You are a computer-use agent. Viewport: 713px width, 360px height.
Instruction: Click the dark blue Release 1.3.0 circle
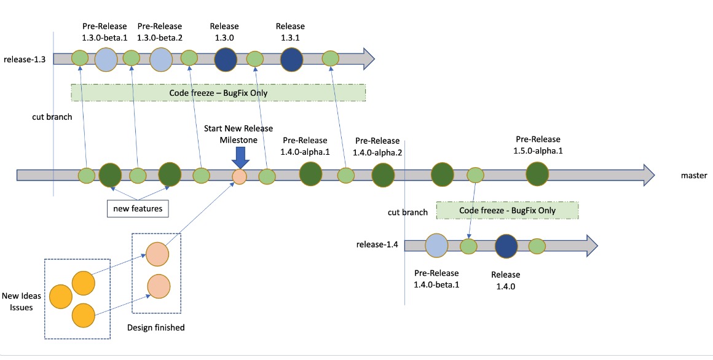tap(226, 59)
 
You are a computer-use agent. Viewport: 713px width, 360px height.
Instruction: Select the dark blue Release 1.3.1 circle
tap(291, 59)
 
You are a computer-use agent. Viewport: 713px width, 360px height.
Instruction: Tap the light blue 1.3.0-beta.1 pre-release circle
tap(106, 59)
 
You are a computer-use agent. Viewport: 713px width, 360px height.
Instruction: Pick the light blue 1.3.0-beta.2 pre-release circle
tap(161, 59)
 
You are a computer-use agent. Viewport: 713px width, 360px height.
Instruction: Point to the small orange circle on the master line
tap(240, 177)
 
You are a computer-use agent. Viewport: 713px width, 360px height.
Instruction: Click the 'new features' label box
tap(138, 209)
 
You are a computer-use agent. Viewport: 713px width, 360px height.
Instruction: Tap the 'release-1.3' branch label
tap(24, 59)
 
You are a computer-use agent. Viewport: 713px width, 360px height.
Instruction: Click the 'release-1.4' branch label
tap(377, 245)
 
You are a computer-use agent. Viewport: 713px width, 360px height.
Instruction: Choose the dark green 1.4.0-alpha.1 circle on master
tap(310, 174)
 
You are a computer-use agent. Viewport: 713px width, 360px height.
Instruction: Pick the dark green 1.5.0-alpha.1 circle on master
tap(537, 174)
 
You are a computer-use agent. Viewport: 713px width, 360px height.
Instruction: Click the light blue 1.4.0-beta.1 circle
tap(436, 245)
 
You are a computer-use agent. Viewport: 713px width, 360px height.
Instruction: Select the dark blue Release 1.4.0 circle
tap(506, 245)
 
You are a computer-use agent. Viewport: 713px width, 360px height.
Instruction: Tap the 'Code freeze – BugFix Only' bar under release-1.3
tap(218, 93)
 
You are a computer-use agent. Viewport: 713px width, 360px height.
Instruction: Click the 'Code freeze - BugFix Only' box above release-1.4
tap(507, 211)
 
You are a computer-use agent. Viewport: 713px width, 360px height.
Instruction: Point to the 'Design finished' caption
tap(156, 327)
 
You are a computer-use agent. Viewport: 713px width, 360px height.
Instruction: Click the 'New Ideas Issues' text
tap(22, 302)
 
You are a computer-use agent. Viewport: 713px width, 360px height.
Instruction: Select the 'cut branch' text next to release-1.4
tap(408, 213)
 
